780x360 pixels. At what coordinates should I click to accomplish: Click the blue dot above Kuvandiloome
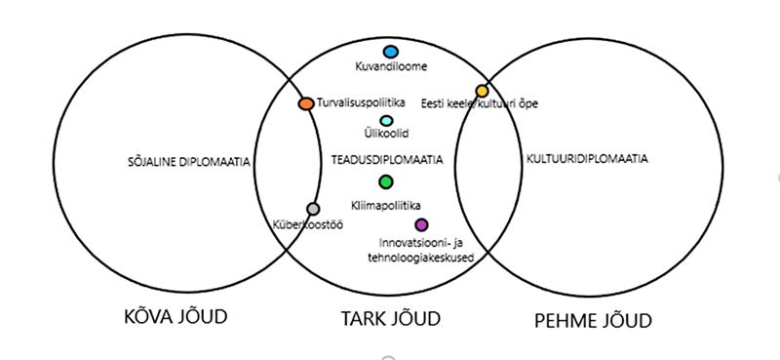[391, 51]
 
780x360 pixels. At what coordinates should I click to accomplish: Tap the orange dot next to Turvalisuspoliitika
[305, 103]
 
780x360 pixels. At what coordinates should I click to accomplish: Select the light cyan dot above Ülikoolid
[386, 121]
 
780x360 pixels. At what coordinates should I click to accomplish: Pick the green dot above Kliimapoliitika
[386, 181]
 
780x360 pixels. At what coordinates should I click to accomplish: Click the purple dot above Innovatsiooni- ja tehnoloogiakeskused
[421, 225]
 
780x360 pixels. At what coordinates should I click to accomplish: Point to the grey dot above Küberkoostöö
[313, 209]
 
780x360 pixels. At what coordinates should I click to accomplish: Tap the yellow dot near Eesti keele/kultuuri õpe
[482, 92]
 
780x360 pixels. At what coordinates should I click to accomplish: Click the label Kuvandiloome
[391, 67]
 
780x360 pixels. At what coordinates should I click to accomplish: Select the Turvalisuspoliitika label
[352, 101]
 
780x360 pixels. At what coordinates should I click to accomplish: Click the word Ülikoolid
[386, 136]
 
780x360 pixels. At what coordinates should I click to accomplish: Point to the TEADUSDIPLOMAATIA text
[386, 159]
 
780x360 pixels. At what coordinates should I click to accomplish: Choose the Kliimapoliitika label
[386, 205]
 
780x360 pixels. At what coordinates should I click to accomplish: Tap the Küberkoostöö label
[307, 224]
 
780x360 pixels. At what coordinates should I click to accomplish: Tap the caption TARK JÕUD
[390, 318]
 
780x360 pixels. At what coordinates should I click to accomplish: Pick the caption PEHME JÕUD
[593, 319]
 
